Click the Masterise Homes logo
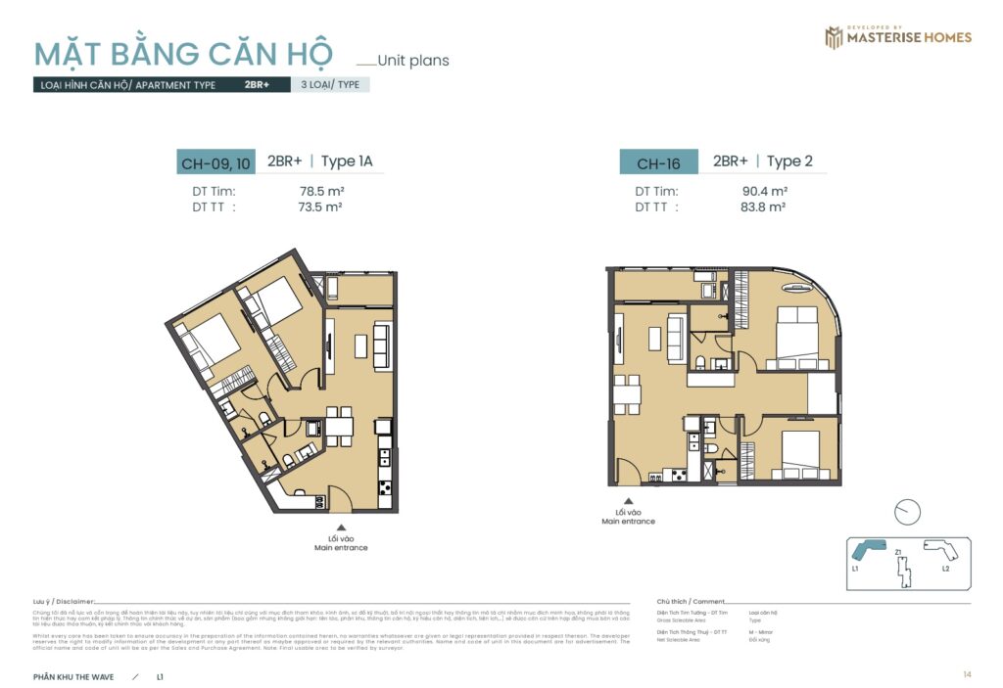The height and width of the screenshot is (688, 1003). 897,37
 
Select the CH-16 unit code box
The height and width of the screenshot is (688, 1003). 658,163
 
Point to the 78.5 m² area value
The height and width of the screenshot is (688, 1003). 320,192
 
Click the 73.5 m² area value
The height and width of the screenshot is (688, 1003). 320,207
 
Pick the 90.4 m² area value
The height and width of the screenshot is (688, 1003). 765,192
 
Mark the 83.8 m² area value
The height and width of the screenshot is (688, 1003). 764,207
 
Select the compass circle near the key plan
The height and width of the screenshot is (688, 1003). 908,512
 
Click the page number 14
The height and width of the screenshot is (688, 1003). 967,674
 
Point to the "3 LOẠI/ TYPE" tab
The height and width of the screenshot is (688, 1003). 330,85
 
